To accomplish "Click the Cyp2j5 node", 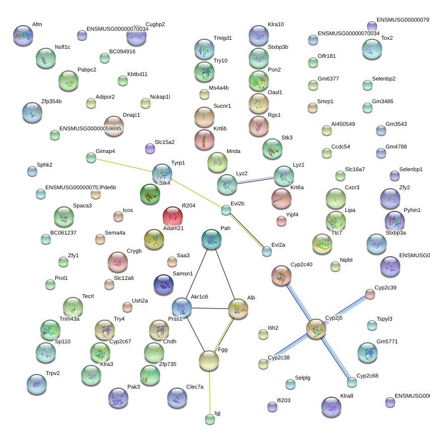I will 316,329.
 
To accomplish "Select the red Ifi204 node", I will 173,216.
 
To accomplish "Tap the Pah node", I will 211,240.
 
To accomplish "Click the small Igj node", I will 210,419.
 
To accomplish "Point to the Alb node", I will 238,309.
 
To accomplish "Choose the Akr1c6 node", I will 182,308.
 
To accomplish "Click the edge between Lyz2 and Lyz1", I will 255,180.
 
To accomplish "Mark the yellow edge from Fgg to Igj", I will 209,390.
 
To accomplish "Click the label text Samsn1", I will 183,274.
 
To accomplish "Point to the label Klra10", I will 276,24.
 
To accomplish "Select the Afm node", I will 23,36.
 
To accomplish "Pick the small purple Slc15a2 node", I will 150,149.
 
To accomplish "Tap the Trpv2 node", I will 37,384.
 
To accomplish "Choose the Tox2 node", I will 372,49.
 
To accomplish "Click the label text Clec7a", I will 195,387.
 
